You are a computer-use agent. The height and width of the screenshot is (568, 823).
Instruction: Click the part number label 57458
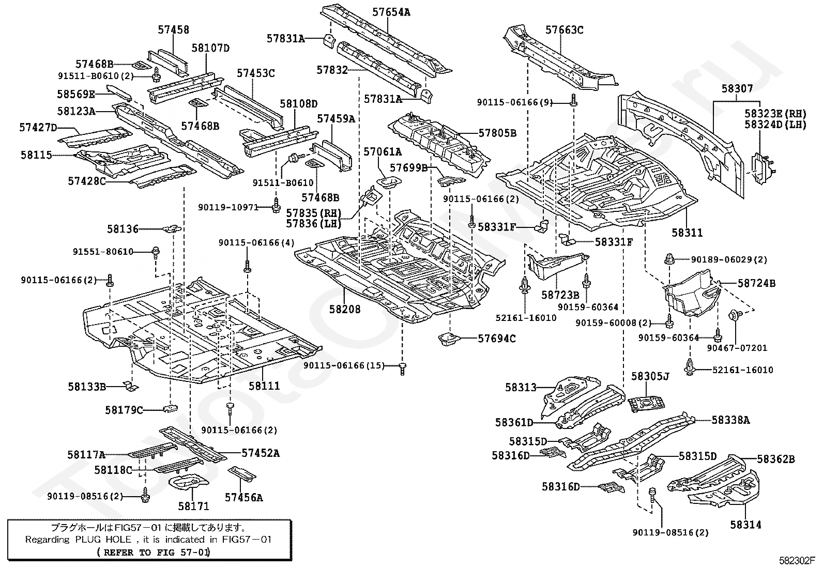[173, 30]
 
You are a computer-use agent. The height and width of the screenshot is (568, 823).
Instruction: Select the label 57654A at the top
[392, 12]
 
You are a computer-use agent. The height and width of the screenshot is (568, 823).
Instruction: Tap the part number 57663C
[564, 30]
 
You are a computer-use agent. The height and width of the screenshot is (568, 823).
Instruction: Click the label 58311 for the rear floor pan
[687, 233]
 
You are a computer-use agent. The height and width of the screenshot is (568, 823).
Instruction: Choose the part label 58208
[345, 309]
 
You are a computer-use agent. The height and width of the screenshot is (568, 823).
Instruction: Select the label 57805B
[497, 133]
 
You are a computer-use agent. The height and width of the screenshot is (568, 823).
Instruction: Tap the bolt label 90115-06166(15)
[344, 365]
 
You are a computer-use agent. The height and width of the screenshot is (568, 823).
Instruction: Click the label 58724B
[756, 283]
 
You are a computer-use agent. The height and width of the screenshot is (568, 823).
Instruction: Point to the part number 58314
[745, 525]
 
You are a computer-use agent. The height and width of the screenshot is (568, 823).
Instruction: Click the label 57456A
[243, 497]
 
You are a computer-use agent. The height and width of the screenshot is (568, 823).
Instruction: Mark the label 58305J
[650, 376]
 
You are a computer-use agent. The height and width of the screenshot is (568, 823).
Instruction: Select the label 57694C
[496, 339]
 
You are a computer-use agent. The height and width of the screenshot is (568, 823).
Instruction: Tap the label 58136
[123, 228]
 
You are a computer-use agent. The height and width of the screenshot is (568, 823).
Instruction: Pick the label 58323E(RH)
[775, 113]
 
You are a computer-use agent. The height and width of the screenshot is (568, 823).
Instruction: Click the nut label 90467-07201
[729, 348]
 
